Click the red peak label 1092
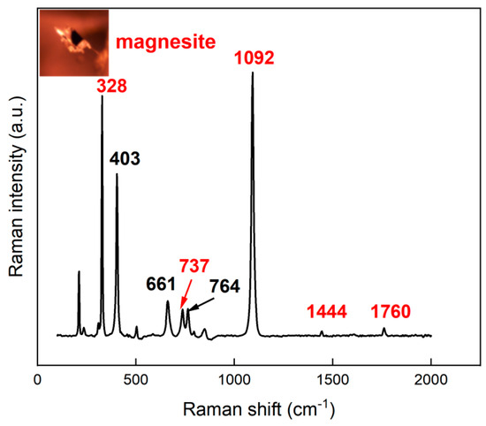coord(254,58)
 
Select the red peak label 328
coord(112,86)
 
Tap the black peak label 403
coord(125,158)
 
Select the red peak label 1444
coord(328,311)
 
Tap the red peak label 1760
coord(391,311)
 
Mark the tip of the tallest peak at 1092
coord(253,72)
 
